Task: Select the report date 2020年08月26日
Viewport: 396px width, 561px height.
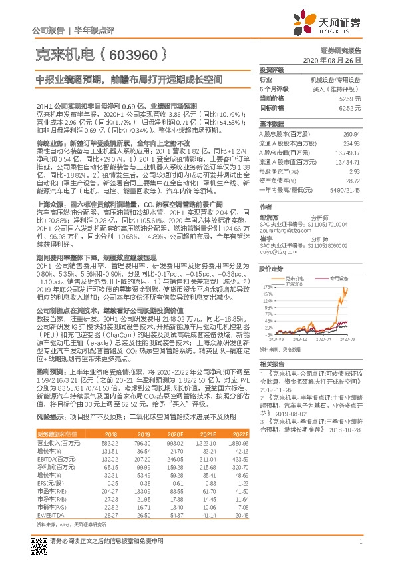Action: (336, 60)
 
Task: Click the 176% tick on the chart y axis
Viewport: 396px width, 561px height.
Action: (268, 288)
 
